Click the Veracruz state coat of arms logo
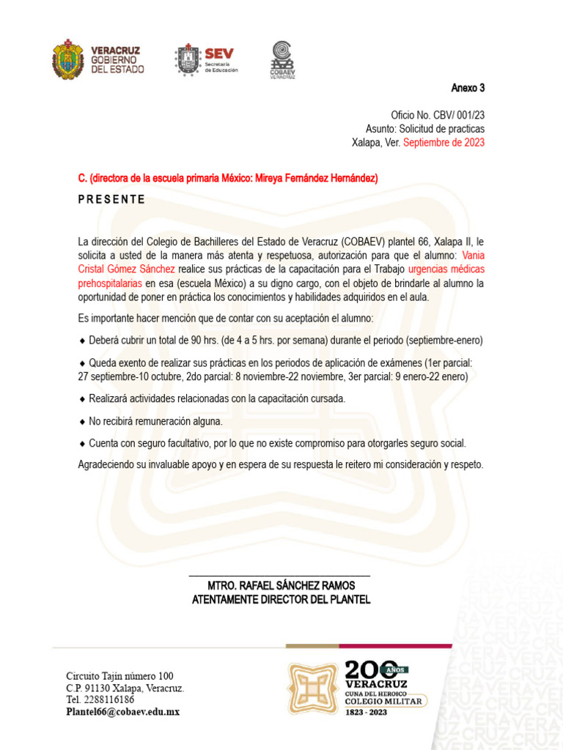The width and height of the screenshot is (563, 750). [68, 59]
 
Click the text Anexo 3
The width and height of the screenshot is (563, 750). [468, 89]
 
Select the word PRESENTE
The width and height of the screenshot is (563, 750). [111, 199]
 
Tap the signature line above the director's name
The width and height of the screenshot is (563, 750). [279, 576]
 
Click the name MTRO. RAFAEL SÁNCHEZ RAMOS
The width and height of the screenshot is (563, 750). [281, 586]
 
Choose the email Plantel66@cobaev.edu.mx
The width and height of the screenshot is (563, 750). [122, 712]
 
